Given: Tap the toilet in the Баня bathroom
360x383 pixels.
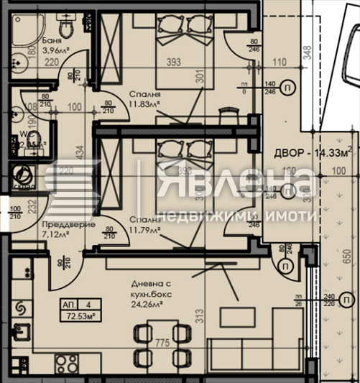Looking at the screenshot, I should coord(65,27).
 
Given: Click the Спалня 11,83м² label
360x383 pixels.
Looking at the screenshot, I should coord(145,99).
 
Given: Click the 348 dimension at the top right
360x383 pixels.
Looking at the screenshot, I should coord(307,52).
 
